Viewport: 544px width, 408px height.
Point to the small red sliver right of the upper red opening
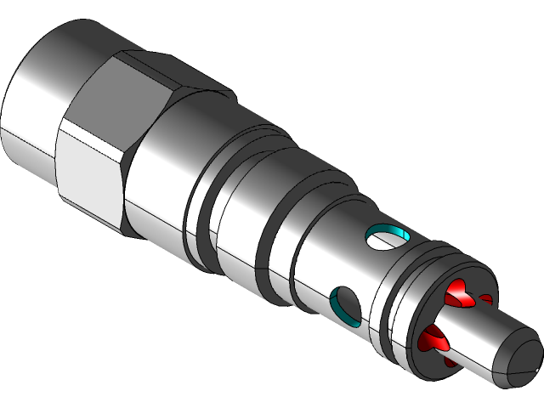coord(485,299)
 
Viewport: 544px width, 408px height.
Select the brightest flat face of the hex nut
coord(89,170)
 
